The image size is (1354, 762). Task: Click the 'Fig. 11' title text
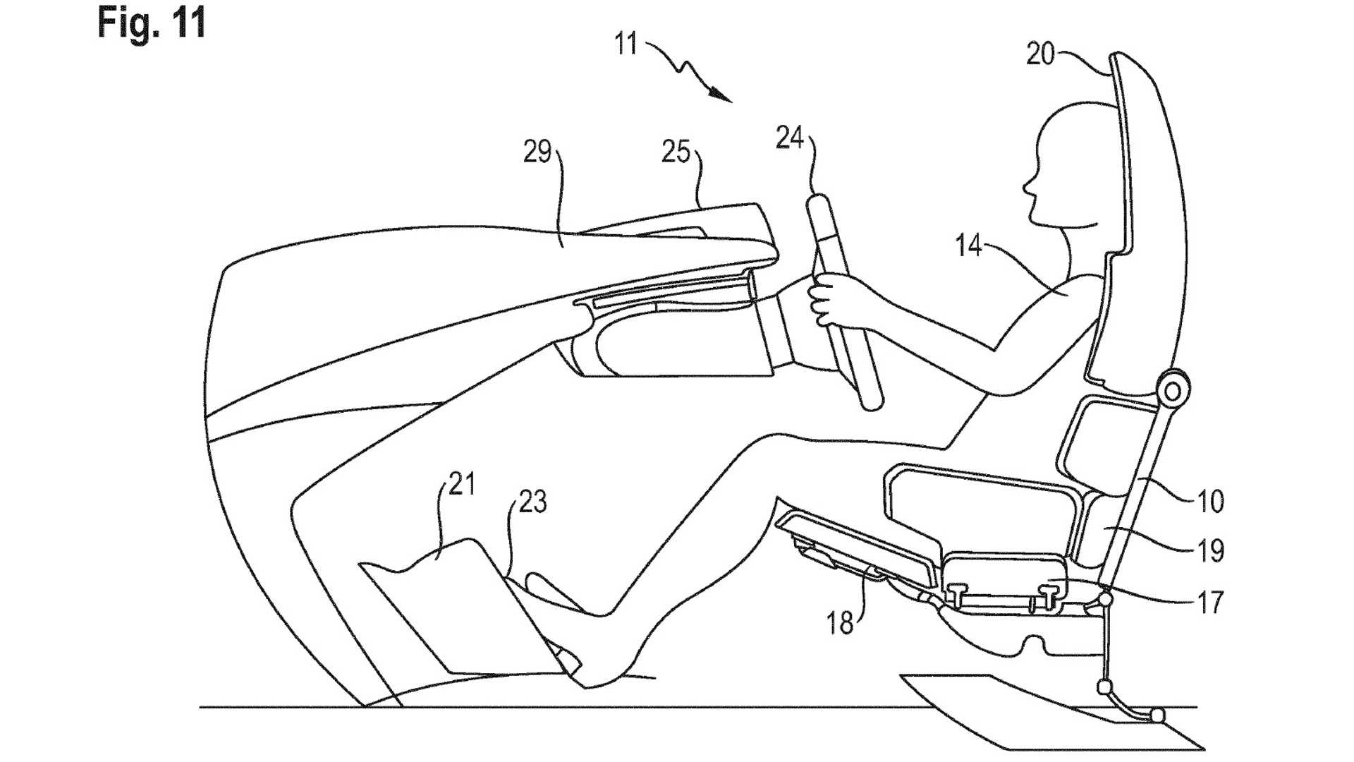coord(152,23)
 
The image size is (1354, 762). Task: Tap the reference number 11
coord(626,44)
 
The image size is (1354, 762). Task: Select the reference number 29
coord(537,152)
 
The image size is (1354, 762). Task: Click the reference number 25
coord(676,152)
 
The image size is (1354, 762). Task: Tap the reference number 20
coord(1040,54)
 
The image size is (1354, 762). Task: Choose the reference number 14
coord(969,246)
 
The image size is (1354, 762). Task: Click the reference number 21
coord(462,485)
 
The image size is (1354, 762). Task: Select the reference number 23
coord(532,502)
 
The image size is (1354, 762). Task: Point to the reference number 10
coord(1210,502)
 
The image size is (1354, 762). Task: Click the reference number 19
coord(1210,551)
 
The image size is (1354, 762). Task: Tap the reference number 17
coord(1210,603)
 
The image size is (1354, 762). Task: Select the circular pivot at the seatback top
coord(1172,389)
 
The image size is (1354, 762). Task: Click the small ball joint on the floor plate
coord(1157,715)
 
